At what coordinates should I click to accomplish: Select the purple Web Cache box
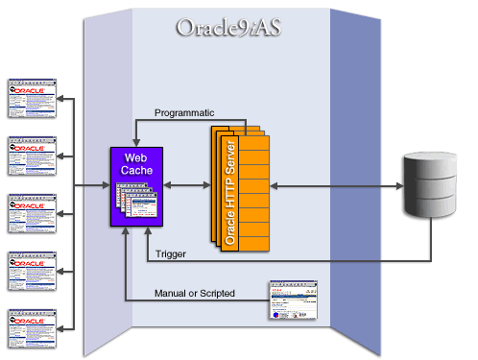click(135, 187)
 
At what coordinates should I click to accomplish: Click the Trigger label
click(169, 253)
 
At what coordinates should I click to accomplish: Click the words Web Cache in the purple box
click(135, 163)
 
